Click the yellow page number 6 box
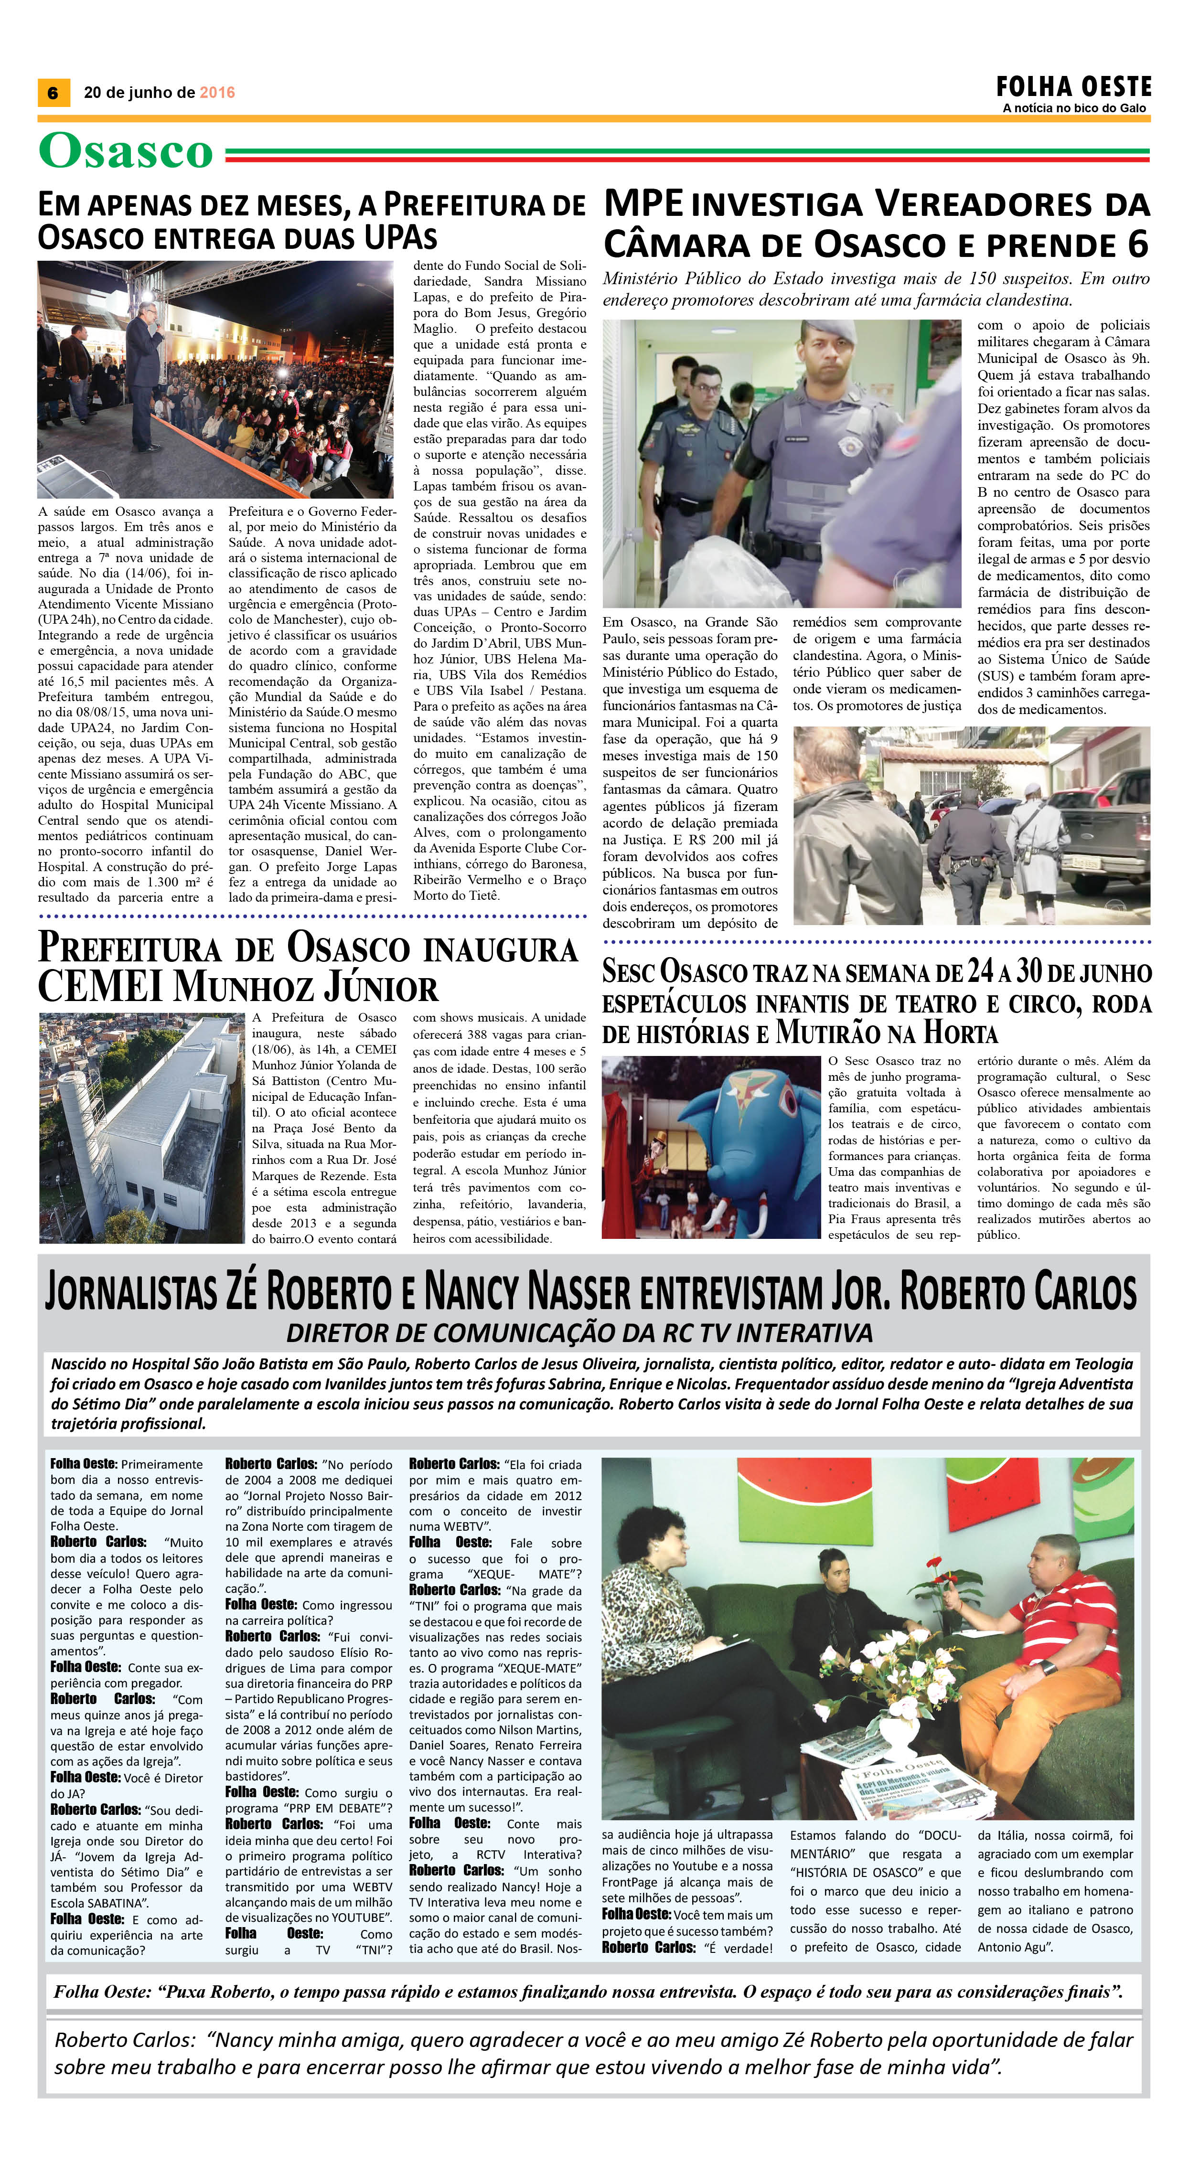(53, 93)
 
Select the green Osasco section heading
(125, 152)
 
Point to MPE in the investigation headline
(644, 205)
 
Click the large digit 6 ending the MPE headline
(1136, 244)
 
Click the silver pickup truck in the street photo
(1097, 821)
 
